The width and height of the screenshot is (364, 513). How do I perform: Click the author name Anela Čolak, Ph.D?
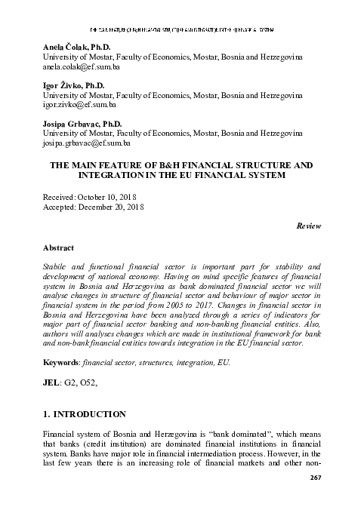point(77,46)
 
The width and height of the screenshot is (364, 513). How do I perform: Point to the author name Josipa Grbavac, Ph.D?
point(82,123)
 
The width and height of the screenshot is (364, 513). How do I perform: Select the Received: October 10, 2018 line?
point(94,195)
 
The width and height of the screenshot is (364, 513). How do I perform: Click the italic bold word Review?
point(308,226)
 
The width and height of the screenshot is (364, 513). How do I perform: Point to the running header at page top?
point(181,29)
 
